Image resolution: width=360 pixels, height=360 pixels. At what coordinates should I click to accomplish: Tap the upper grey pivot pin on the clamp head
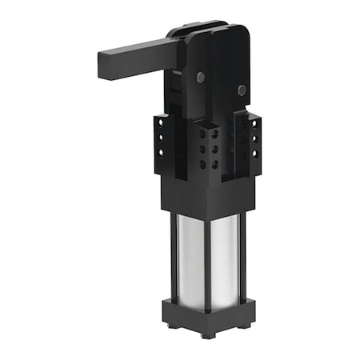click(200, 78)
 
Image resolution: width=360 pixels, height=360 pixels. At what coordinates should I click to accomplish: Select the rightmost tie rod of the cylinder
click(244, 256)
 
